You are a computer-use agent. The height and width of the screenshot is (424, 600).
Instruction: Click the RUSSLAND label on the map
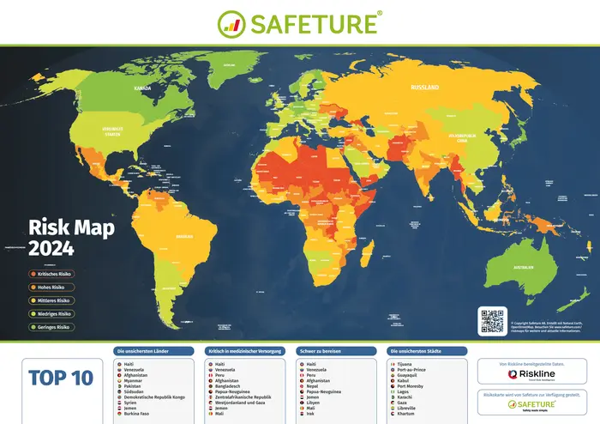425,88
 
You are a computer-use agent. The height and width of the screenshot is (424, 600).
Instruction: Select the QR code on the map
493,320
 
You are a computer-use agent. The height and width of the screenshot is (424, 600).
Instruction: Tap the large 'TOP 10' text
60,378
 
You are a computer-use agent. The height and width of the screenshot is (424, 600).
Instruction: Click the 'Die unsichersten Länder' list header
153,351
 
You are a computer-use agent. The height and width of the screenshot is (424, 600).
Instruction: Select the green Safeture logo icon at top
232,22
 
